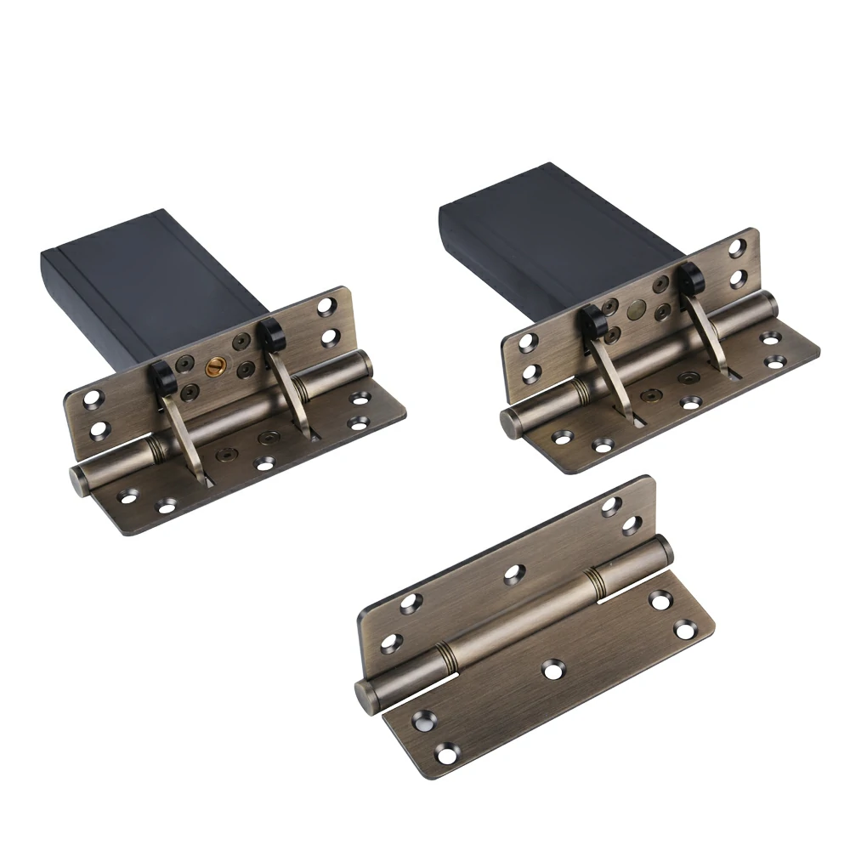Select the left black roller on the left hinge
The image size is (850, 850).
pos(163,374)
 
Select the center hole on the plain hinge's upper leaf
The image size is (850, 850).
pos(513,574)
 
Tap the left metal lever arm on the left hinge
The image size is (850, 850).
pos(182,433)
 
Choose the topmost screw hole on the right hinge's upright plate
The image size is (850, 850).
pos(737,247)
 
